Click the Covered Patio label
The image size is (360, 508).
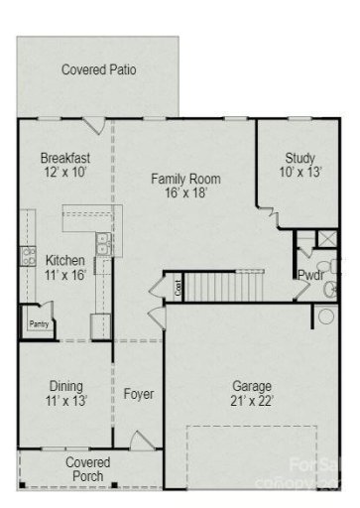[98, 70]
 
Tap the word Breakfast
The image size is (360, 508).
[65, 158]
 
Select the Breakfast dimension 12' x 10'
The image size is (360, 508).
[65, 173]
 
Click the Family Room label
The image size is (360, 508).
[185, 180]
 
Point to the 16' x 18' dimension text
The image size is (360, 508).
[185, 194]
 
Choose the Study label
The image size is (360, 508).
[300, 158]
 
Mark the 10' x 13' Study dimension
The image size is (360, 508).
[300, 173]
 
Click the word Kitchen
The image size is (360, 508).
[65, 261]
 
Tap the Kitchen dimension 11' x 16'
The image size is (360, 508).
[65, 277]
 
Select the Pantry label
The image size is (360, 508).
[38, 324]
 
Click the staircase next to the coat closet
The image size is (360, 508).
[223, 289]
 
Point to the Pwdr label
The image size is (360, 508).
[309, 276]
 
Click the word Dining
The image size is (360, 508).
[65, 386]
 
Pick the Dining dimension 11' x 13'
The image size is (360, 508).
[65, 401]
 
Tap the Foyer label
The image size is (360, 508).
[139, 394]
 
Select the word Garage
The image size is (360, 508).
[252, 386]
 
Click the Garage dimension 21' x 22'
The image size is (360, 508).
[252, 401]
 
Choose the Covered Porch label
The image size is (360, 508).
[88, 469]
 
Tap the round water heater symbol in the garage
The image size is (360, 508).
[326, 317]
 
